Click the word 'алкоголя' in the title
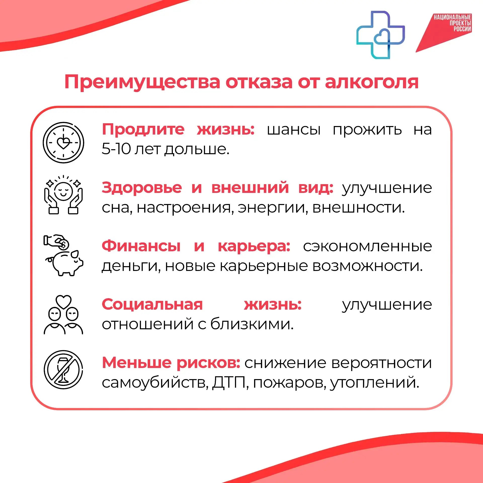coord(372,82)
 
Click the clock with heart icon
coord(63,143)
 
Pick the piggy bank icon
coord(63,255)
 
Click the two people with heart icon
coord(63,314)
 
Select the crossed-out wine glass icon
coord(63,370)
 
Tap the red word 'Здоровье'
coord(142,188)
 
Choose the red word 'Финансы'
coord(141,246)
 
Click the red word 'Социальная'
coord(152,304)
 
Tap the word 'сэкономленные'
coord(367,246)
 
